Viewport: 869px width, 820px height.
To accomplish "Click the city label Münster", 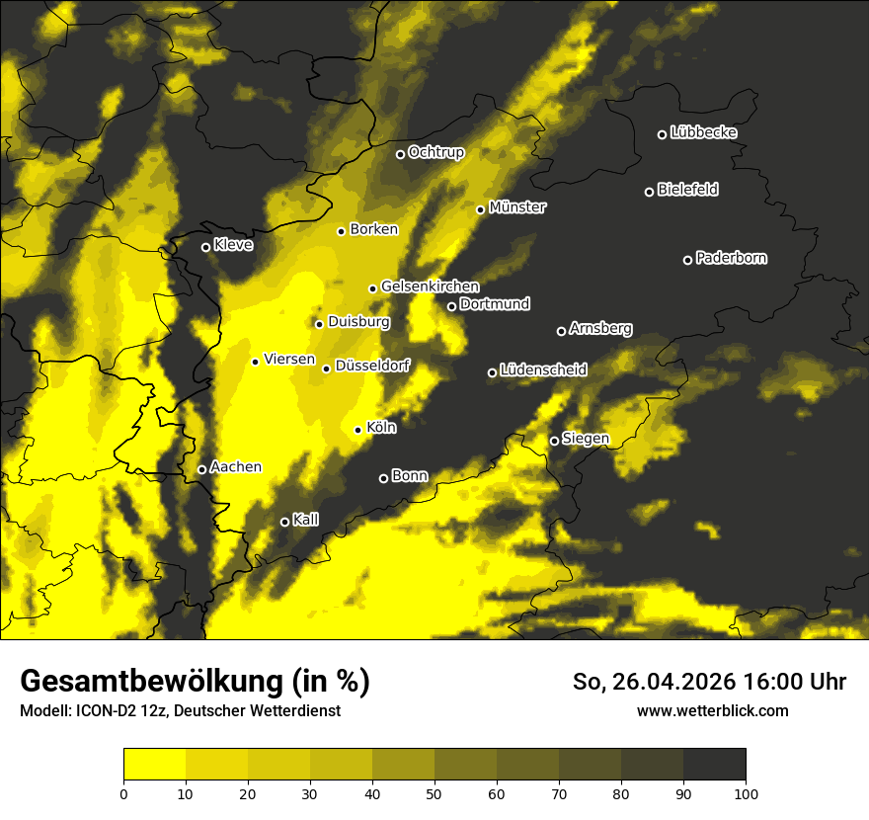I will coord(517,207).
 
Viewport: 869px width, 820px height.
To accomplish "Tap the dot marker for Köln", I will coord(358,430).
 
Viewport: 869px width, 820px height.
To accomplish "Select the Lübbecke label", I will coord(703,132).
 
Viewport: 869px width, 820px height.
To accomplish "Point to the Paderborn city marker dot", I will coord(688,260).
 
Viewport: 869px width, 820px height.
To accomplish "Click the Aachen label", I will coord(236,466).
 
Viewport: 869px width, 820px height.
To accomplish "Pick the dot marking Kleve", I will coord(206,247).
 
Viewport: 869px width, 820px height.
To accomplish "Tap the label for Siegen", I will coord(586,439).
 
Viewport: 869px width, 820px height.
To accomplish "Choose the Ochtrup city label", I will coord(435,152).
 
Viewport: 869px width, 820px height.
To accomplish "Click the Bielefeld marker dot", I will coord(650,192).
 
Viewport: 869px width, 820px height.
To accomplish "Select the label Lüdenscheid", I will coord(543,370).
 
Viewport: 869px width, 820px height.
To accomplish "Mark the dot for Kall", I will coord(285,522).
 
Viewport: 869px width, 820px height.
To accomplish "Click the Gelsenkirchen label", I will coord(430,287).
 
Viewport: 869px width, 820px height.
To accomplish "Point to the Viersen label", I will coord(289,360).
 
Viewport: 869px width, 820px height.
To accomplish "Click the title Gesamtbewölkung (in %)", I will coord(195,682).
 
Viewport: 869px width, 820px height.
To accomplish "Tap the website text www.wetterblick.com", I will coord(713,710).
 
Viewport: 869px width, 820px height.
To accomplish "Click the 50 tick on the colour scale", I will coord(434,792).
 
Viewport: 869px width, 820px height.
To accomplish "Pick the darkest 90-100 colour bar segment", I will coord(714,765).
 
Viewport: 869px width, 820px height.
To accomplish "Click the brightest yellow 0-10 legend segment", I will coord(154,765).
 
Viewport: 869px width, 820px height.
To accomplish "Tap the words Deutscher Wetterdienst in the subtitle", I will coord(264,710).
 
